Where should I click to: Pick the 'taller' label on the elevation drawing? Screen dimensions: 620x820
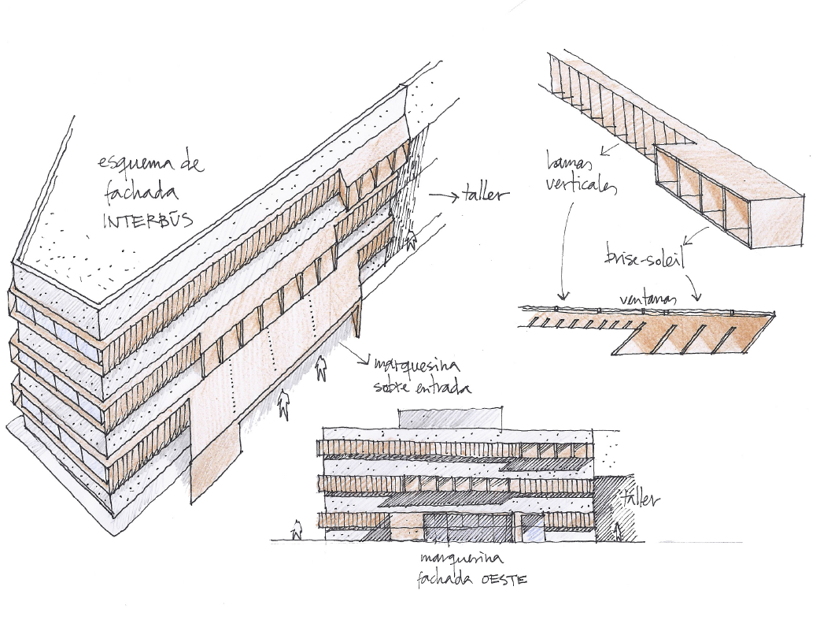point(641,499)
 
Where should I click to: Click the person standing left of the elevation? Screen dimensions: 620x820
point(297,530)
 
